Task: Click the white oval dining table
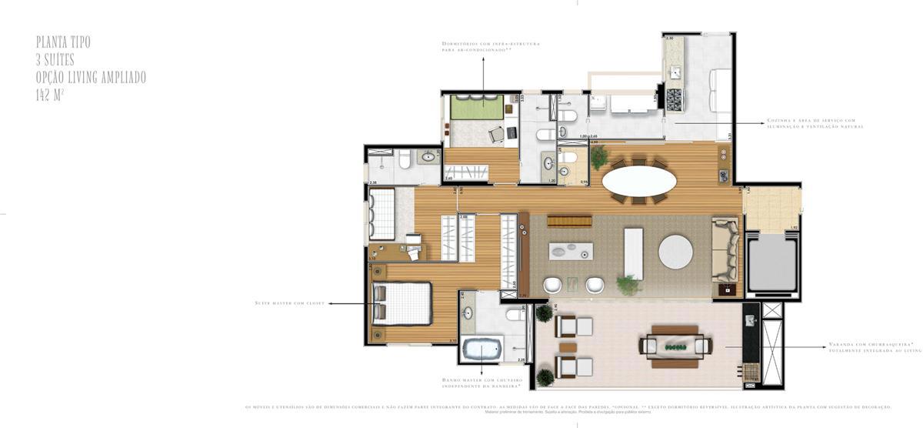click(x=639, y=182)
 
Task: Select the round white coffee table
click(x=675, y=252)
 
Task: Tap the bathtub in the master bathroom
click(x=482, y=349)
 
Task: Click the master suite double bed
click(x=402, y=303)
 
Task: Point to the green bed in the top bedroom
click(x=476, y=107)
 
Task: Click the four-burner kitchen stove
click(x=674, y=99)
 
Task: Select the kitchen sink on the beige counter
click(x=675, y=72)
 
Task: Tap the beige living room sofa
click(x=725, y=250)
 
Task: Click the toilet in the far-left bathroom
click(x=404, y=160)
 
